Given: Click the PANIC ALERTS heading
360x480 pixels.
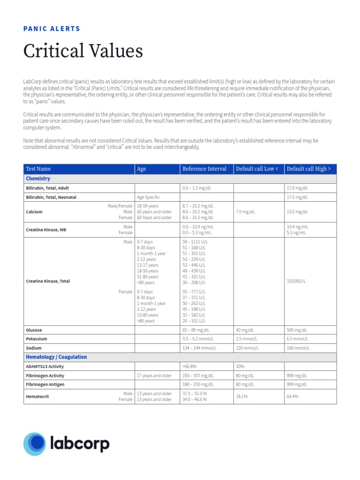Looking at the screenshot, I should [x=52, y=29].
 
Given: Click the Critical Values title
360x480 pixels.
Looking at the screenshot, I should [x=83, y=51].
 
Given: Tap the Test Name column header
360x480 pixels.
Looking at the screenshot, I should [x=38, y=169].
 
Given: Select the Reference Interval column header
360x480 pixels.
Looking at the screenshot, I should [x=204, y=169].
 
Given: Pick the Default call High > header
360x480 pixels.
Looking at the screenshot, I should [x=308, y=169].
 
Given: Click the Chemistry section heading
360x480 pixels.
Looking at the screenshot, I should [x=38, y=179].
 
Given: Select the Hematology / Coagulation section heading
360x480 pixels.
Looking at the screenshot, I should [x=56, y=357].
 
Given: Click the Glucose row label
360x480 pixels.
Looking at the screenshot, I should [x=34, y=330].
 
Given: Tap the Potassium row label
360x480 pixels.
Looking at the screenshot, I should [x=37, y=338].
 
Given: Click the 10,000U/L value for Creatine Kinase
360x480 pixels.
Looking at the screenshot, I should [x=296, y=281].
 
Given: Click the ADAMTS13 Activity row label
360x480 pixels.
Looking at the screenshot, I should [x=45, y=366].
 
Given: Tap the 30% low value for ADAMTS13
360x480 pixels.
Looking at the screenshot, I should [x=240, y=366].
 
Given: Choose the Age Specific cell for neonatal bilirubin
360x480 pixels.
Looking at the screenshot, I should [x=148, y=197].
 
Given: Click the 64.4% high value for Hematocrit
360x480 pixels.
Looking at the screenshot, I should [x=292, y=397].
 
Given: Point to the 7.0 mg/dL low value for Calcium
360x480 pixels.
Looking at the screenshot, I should [x=246, y=212].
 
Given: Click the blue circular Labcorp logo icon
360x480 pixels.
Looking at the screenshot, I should [x=34, y=444].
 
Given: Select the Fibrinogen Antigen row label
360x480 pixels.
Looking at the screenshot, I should [x=45, y=384].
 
